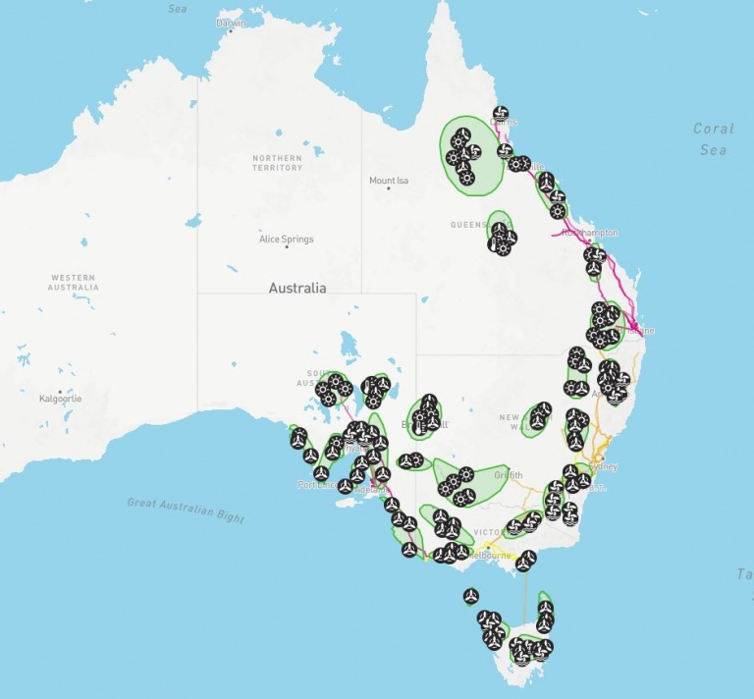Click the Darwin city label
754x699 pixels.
coord(231,23)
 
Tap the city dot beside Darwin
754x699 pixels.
coord(231,32)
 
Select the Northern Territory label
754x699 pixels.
coord(277,162)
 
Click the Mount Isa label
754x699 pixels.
coord(389,181)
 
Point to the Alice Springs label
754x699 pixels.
coord(287,239)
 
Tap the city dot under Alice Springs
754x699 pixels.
coord(287,247)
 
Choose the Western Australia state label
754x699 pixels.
coord(73,283)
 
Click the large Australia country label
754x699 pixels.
coord(297,289)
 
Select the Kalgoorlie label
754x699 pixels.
coord(61,399)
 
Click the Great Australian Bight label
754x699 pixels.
coord(186,510)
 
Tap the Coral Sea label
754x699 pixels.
coord(713,138)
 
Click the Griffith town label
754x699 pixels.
coord(508,475)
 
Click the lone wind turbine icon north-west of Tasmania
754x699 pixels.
coord(471,596)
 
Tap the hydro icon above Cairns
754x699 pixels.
coord(501,114)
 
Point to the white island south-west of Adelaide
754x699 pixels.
coord(350,503)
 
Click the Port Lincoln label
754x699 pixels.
coord(316,485)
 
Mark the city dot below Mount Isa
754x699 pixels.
coord(389,189)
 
